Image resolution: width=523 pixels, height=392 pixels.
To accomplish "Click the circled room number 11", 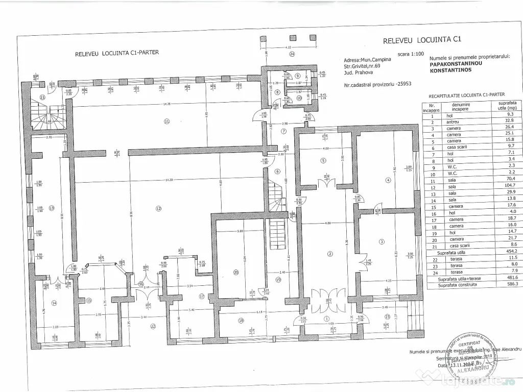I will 166,121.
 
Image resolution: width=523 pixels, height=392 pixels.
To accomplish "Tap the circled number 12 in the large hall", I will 158,208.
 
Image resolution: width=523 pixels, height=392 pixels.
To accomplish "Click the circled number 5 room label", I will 323,161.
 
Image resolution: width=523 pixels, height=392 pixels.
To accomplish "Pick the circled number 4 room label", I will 388,180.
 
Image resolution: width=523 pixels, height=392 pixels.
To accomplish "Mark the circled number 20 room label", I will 235,273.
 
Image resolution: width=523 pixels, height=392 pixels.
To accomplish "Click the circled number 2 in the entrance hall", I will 330,254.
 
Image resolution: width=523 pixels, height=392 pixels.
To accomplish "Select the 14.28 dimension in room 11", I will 163,105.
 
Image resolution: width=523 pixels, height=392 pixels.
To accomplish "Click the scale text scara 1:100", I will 410,53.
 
